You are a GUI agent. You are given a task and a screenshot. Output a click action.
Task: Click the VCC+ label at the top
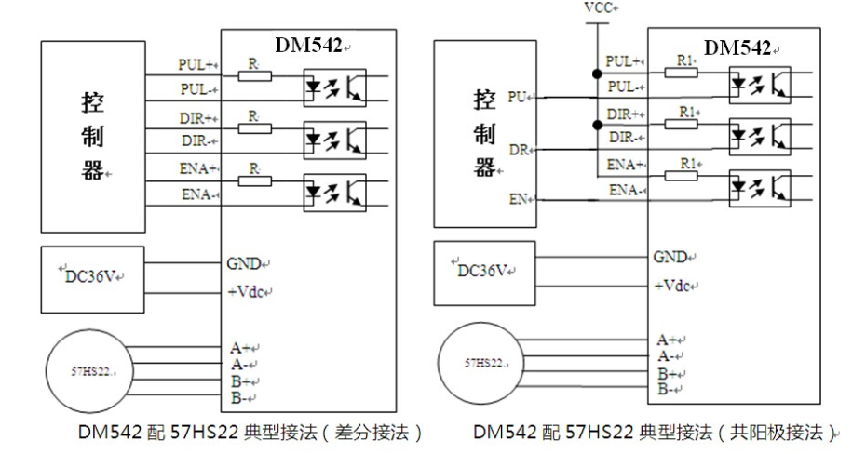click(598, 7)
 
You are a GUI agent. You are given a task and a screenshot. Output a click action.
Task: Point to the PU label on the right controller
click(518, 96)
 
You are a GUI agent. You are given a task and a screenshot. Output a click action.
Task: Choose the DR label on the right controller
click(518, 149)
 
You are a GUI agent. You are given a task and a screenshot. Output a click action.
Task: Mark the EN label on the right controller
click(519, 199)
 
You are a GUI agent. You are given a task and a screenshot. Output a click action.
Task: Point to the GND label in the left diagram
click(244, 262)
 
